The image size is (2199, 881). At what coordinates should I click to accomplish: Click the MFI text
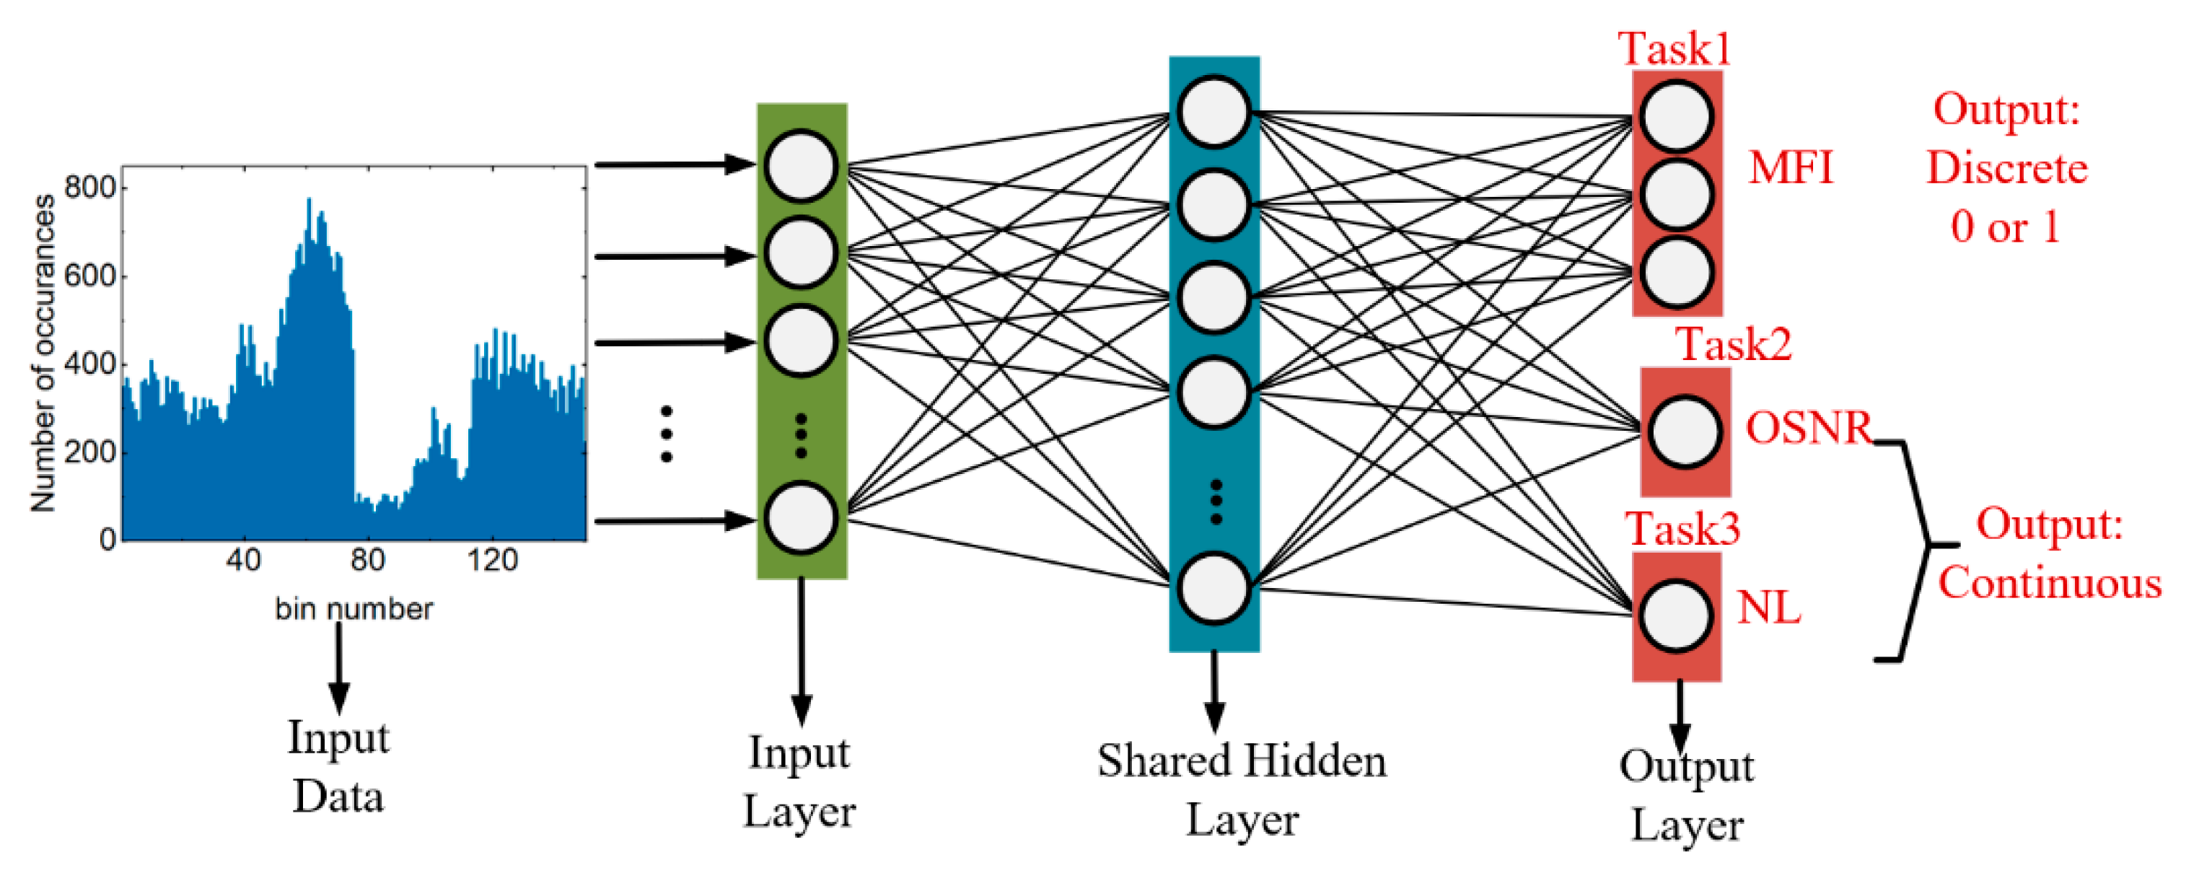[1790, 167]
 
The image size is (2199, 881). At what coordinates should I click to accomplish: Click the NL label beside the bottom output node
[1769, 608]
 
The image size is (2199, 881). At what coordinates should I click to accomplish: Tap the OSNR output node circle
[1685, 432]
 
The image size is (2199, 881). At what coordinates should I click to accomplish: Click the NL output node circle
[1676, 615]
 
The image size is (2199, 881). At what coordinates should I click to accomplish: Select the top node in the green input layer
[800, 166]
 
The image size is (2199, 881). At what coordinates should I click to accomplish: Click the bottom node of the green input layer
[800, 518]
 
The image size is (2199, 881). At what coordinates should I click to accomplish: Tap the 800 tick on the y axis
[89, 187]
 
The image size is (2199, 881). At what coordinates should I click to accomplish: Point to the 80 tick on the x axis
[367, 560]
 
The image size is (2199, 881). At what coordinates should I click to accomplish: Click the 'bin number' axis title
[354, 609]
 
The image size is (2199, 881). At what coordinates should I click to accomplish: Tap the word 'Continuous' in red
[2049, 583]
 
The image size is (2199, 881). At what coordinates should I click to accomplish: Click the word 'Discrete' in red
[2006, 168]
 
